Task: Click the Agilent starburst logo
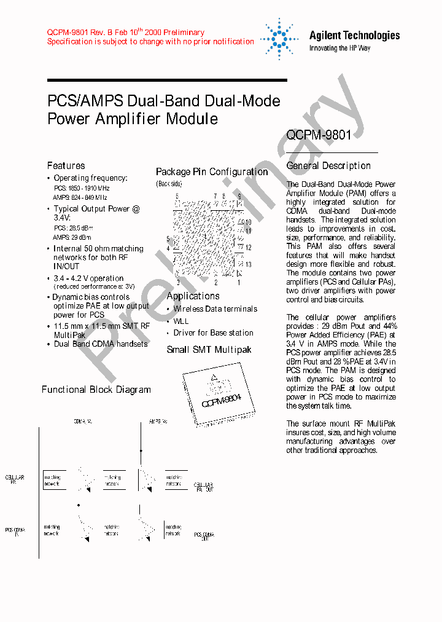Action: click(x=279, y=38)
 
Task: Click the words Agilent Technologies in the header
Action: click(x=354, y=36)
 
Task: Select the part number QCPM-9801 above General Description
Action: click(x=319, y=135)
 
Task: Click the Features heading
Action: click(x=66, y=165)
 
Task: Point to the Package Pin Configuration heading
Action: click(x=212, y=172)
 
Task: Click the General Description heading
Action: click(x=328, y=165)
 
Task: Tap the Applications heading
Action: click(x=193, y=296)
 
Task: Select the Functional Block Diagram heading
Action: click(x=96, y=389)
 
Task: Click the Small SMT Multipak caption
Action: click(x=209, y=350)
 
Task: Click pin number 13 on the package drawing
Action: click(x=248, y=264)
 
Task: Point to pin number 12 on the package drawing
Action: click(x=248, y=248)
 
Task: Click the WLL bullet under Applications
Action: click(x=181, y=321)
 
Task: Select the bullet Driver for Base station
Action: click(x=213, y=333)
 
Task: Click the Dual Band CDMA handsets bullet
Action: click(x=101, y=344)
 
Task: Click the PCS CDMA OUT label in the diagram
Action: click(x=204, y=536)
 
